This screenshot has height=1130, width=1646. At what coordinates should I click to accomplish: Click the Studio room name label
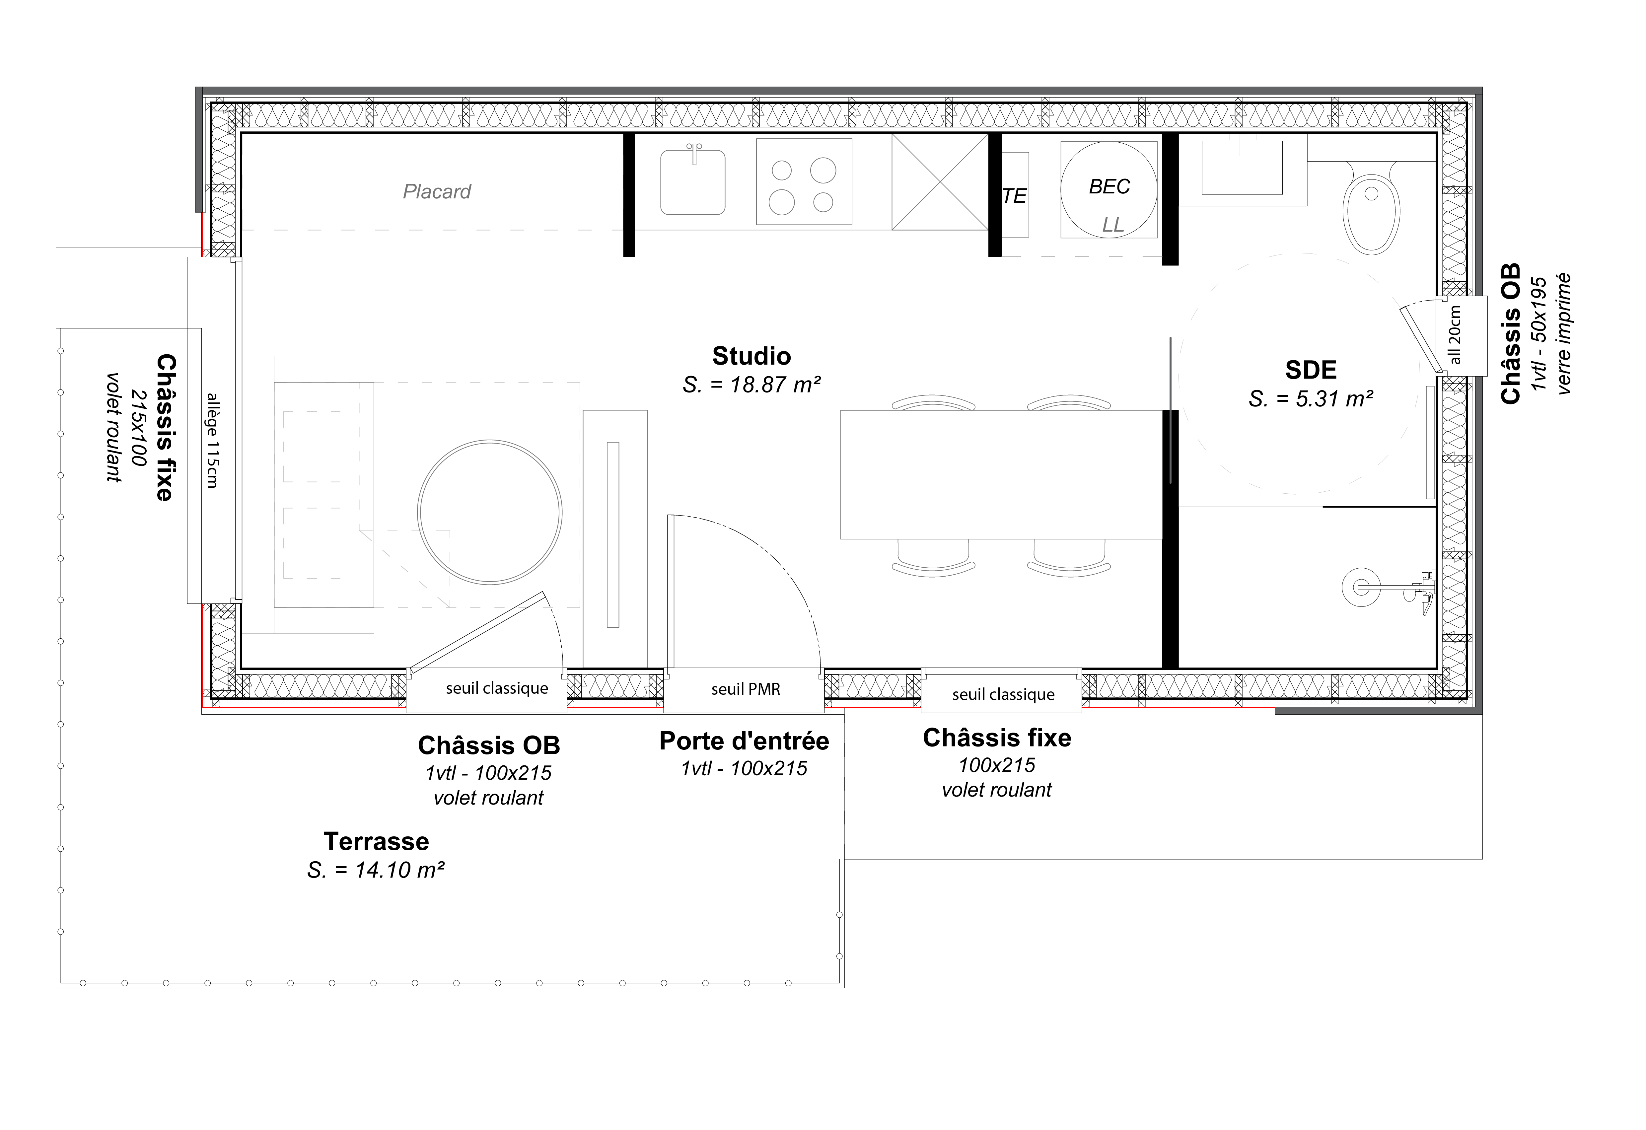[x=751, y=356]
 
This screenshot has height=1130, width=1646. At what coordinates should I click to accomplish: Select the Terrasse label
[x=376, y=842]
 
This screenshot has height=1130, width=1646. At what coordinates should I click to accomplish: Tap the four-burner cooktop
[x=804, y=181]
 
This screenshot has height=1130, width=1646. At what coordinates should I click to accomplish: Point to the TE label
[x=1014, y=196]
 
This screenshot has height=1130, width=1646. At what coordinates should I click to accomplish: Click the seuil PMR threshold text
[x=746, y=689]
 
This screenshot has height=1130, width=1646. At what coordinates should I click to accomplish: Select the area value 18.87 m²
[x=751, y=385]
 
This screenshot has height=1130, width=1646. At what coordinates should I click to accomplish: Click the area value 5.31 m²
[x=1311, y=399]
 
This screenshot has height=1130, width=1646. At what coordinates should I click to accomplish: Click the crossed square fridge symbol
[x=940, y=182]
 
